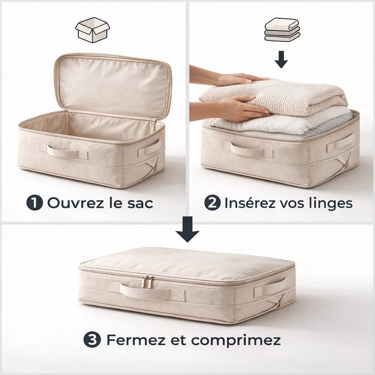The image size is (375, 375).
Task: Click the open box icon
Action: pos(92,30)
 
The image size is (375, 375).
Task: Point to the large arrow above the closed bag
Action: pos(187,229)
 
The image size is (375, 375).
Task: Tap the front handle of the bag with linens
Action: pos(248,150)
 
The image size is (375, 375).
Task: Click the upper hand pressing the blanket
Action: pos(240,79)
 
